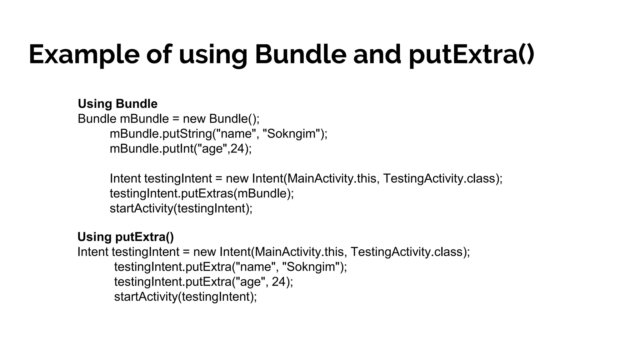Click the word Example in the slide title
pyautogui.click(x=84, y=55)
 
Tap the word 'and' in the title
pyautogui.click(x=377, y=55)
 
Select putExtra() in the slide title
pyautogui.click(x=472, y=55)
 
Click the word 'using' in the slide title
pyautogui.click(x=213, y=55)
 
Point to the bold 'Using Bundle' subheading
pyautogui.click(x=117, y=104)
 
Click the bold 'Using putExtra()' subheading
pyautogui.click(x=126, y=237)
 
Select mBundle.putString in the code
pyautogui.click(x=161, y=134)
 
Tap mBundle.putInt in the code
pyautogui.click(x=151, y=149)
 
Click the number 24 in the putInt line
pyautogui.click(x=237, y=149)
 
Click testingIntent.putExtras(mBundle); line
pyautogui.click(x=202, y=193)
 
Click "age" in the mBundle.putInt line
pyautogui.click(x=212, y=149)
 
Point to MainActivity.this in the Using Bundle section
pyautogui.click(x=332, y=178)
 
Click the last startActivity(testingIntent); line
pyautogui.click(x=185, y=297)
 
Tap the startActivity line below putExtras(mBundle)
pyautogui.click(x=181, y=208)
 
